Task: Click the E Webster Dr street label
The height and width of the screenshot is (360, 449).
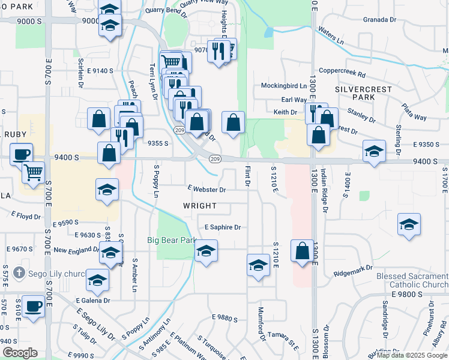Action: (206, 190)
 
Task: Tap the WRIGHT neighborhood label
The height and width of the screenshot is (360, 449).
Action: (200, 206)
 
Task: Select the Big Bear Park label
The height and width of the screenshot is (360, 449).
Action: (172, 240)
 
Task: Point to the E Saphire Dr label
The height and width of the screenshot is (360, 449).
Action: (222, 227)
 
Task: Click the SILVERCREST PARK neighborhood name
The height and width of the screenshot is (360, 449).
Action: (363, 93)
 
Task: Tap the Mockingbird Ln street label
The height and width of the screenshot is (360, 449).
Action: (284, 86)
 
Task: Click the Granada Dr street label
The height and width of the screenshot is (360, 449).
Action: (380, 20)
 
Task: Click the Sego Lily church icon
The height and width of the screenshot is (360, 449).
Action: (19, 273)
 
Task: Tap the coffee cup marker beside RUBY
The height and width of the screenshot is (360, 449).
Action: (21, 154)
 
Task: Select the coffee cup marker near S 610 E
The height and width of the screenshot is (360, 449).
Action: (32, 306)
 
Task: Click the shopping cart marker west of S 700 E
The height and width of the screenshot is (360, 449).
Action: (33, 172)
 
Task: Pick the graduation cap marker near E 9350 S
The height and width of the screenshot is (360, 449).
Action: (373, 152)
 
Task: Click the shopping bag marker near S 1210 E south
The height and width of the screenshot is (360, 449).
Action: (303, 250)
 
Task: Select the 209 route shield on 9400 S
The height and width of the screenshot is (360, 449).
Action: (214, 158)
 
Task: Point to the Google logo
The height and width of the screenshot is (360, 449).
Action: (19, 353)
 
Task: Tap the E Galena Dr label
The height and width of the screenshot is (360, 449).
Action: (93, 300)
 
